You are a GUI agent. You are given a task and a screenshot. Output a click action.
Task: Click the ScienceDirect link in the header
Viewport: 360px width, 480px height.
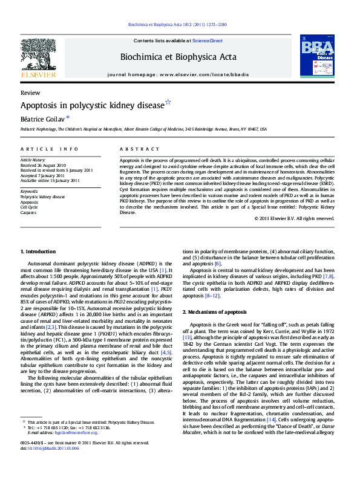tap(208, 41)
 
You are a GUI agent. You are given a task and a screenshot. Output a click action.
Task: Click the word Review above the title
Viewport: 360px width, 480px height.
tap(30, 92)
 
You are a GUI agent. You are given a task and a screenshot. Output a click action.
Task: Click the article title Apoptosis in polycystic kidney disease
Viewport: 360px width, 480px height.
tap(93, 106)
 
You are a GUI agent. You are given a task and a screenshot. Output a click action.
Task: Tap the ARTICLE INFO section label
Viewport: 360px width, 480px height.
tap(49, 149)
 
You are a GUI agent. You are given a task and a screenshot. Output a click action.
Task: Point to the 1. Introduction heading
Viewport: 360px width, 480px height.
tap(39, 251)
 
